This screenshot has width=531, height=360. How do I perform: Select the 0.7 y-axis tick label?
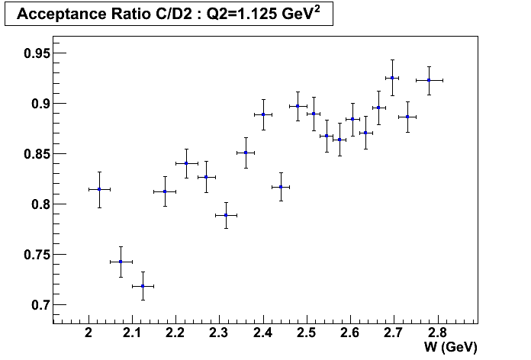point(35,305)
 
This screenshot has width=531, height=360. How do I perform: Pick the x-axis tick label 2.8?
point(437,333)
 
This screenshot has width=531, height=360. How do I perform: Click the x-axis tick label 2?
point(88,333)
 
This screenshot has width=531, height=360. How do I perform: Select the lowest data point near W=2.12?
point(143,286)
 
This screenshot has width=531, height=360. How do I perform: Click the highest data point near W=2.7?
point(392,78)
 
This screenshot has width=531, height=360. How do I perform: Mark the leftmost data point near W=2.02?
point(99,189)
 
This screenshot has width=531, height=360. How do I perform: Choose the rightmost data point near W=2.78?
point(429,80)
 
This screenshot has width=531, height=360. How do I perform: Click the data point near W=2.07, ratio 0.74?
point(121,262)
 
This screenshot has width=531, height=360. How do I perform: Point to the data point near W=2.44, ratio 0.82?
point(281,187)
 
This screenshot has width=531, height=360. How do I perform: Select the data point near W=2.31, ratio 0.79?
point(226,215)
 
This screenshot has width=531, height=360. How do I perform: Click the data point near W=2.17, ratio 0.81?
point(165,191)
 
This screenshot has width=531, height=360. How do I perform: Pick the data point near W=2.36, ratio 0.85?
point(246,153)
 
